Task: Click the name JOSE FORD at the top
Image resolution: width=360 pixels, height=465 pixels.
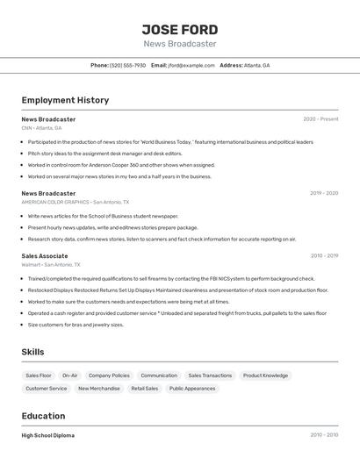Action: pyautogui.click(x=180, y=29)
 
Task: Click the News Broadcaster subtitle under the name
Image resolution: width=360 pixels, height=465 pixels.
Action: pyautogui.click(x=180, y=44)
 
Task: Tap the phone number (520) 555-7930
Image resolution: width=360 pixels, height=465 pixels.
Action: pyautogui.click(x=128, y=66)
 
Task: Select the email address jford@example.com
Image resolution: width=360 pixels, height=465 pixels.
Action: pyautogui.click(x=191, y=66)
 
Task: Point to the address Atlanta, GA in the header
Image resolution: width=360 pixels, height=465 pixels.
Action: pyautogui.click(x=256, y=66)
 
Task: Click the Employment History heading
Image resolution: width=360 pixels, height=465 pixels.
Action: pyautogui.click(x=65, y=100)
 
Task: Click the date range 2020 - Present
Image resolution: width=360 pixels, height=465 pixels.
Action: pyautogui.click(x=320, y=119)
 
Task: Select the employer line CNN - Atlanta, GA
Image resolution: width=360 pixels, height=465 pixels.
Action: pyautogui.click(x=41, y=128)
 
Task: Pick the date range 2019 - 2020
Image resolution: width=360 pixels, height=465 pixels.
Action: pyautogui.click(x=323, y=193)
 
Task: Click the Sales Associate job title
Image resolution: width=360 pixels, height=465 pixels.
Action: pyautogui.click(x=45, y=256)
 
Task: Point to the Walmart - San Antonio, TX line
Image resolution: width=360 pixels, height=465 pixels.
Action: pyautogui.click(x=51, y=265)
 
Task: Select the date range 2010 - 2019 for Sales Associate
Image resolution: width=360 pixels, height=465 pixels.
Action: pyautogui.click(x=324, y=256)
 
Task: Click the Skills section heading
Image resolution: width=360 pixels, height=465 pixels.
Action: pyautogui.click(x=32, y=352)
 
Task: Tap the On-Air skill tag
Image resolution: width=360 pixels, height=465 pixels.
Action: pyautogui.click(x=70, y=376)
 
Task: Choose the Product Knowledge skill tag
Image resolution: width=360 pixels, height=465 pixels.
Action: pyautogui.click(x=265, y=376)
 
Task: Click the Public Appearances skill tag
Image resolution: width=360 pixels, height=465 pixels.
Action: pyautogui.click(x=192, y=389)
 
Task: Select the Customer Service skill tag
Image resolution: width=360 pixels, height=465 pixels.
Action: pyautogui.click(x=47, y=389)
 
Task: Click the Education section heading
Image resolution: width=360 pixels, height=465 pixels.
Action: pyautogui.click(x=43, y=416)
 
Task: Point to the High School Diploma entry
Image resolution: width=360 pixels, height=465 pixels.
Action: pyautogui.click(x=48, y=435)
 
